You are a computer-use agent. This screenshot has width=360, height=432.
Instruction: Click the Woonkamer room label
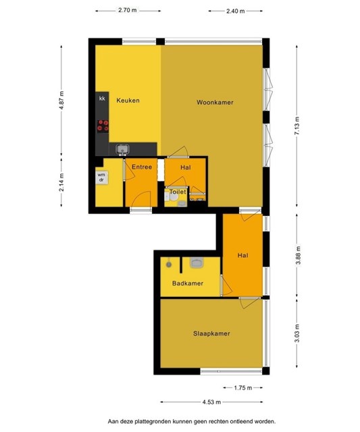tap(215, 103)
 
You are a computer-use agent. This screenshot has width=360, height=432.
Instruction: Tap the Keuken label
tap(128, 101)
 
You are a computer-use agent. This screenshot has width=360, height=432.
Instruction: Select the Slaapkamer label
tap(211, 333)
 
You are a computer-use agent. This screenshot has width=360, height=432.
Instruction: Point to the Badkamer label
tap(188, 283)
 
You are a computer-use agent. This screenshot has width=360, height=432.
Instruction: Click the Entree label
tap(142, 167)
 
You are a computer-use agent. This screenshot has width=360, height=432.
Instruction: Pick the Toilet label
tap(178, 192)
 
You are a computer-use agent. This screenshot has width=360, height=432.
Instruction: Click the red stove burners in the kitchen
tap(103, 126)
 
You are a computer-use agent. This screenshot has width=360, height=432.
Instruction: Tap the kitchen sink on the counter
tap(123, 149)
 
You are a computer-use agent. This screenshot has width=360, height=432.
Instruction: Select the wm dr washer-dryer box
tap(101, 178)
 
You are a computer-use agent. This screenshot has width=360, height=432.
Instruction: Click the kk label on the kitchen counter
tap(102, 99)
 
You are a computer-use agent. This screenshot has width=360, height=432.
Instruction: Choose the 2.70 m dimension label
tap(128, 11)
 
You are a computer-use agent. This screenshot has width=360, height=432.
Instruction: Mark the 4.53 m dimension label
tap(211, 402)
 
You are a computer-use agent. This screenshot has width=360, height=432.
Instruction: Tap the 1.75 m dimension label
tap(243, 388)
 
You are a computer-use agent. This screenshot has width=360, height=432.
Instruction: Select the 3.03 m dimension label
tap(297, 333)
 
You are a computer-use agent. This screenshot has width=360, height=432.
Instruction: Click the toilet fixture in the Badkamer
tap(197, 262)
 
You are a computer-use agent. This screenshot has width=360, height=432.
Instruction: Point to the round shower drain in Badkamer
tap(169, 265)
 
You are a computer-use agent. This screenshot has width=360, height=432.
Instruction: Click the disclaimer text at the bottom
tap(192, 421)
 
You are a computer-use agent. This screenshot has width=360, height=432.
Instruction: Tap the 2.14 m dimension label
tap(61, 182)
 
